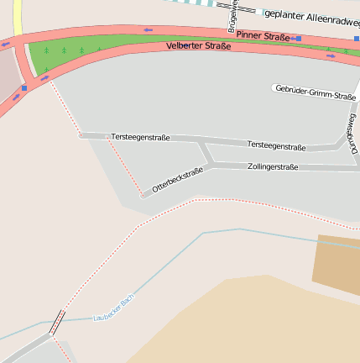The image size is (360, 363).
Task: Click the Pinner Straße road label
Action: tap(263, 36)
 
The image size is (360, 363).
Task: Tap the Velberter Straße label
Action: tap(198, 45)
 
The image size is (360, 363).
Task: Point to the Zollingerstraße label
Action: tap(273, 166)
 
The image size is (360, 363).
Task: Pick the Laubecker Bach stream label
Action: tap(113, 308)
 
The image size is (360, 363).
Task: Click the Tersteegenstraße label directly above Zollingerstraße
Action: tap(277, 145)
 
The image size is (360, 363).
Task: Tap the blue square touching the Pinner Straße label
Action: tap(297, 38)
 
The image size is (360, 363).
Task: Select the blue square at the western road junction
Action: tap(24, 87)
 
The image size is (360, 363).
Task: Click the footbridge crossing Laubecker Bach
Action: tap(57, 322)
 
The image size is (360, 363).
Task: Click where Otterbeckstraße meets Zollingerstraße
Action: tap(208, 166)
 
